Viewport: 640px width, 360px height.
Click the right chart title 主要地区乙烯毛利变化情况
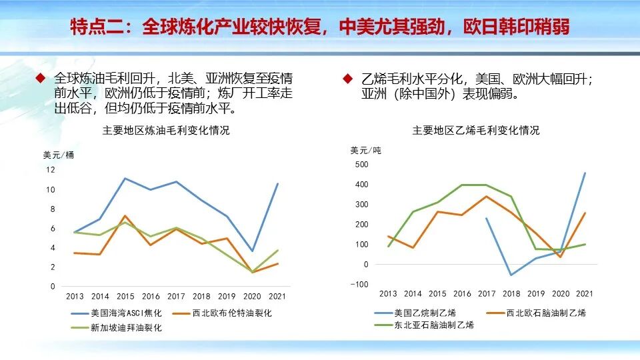tap(476, 131)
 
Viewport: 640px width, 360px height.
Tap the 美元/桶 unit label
tap(59, 155)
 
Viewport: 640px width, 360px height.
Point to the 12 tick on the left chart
tap(51, 169)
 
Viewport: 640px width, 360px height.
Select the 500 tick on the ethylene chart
tap(361, 164)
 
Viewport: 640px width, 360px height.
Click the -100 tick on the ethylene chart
tap(359, 285)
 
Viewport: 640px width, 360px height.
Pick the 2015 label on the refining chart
tap(125, 296)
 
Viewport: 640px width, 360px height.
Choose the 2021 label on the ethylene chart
tap(585, 293)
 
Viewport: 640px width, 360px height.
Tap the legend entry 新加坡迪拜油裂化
tap(126, 328)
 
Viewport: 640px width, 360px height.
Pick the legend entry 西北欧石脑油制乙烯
tap(545, 313)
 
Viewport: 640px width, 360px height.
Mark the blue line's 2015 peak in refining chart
tap(125, 178)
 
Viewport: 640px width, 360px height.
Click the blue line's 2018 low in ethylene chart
tap(511, 275)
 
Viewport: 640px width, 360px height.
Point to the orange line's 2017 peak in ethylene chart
tap(486, 196)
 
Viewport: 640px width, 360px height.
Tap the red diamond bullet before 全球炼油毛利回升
tap(40, 79)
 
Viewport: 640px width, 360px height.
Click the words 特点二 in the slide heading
tap(97, 27)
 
